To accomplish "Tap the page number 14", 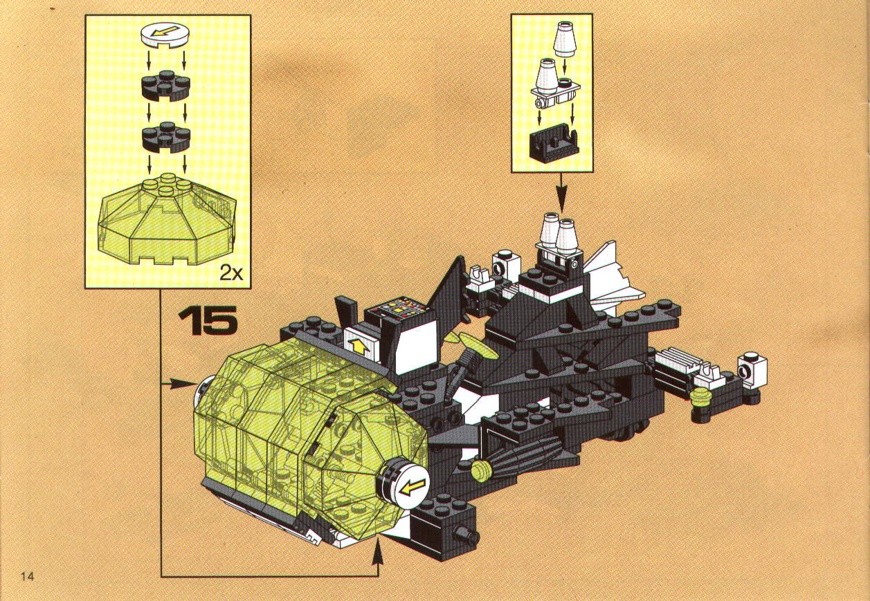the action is pos(27,576).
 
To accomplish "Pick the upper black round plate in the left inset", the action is pos(166,86).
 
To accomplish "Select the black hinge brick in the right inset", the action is pos(554,148).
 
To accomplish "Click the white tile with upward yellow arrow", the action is pos(361,341).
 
